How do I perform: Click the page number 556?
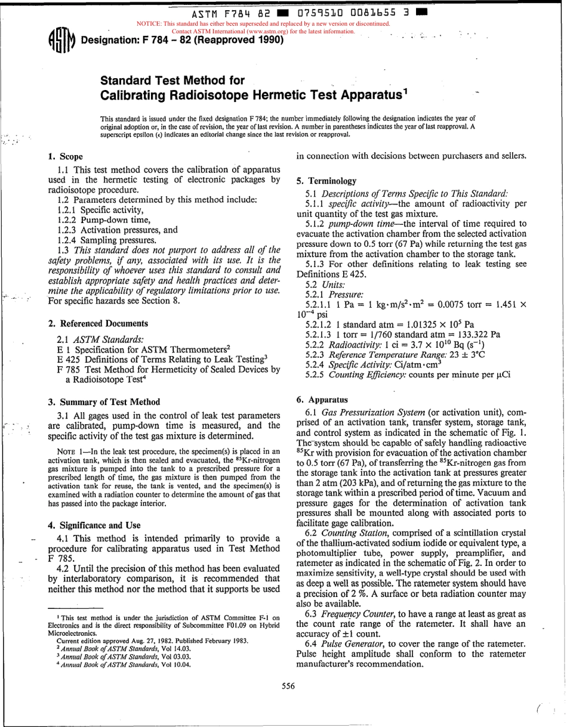(288, 686)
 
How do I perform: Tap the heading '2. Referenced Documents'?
(98, 323)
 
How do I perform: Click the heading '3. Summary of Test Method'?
(103, 402)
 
